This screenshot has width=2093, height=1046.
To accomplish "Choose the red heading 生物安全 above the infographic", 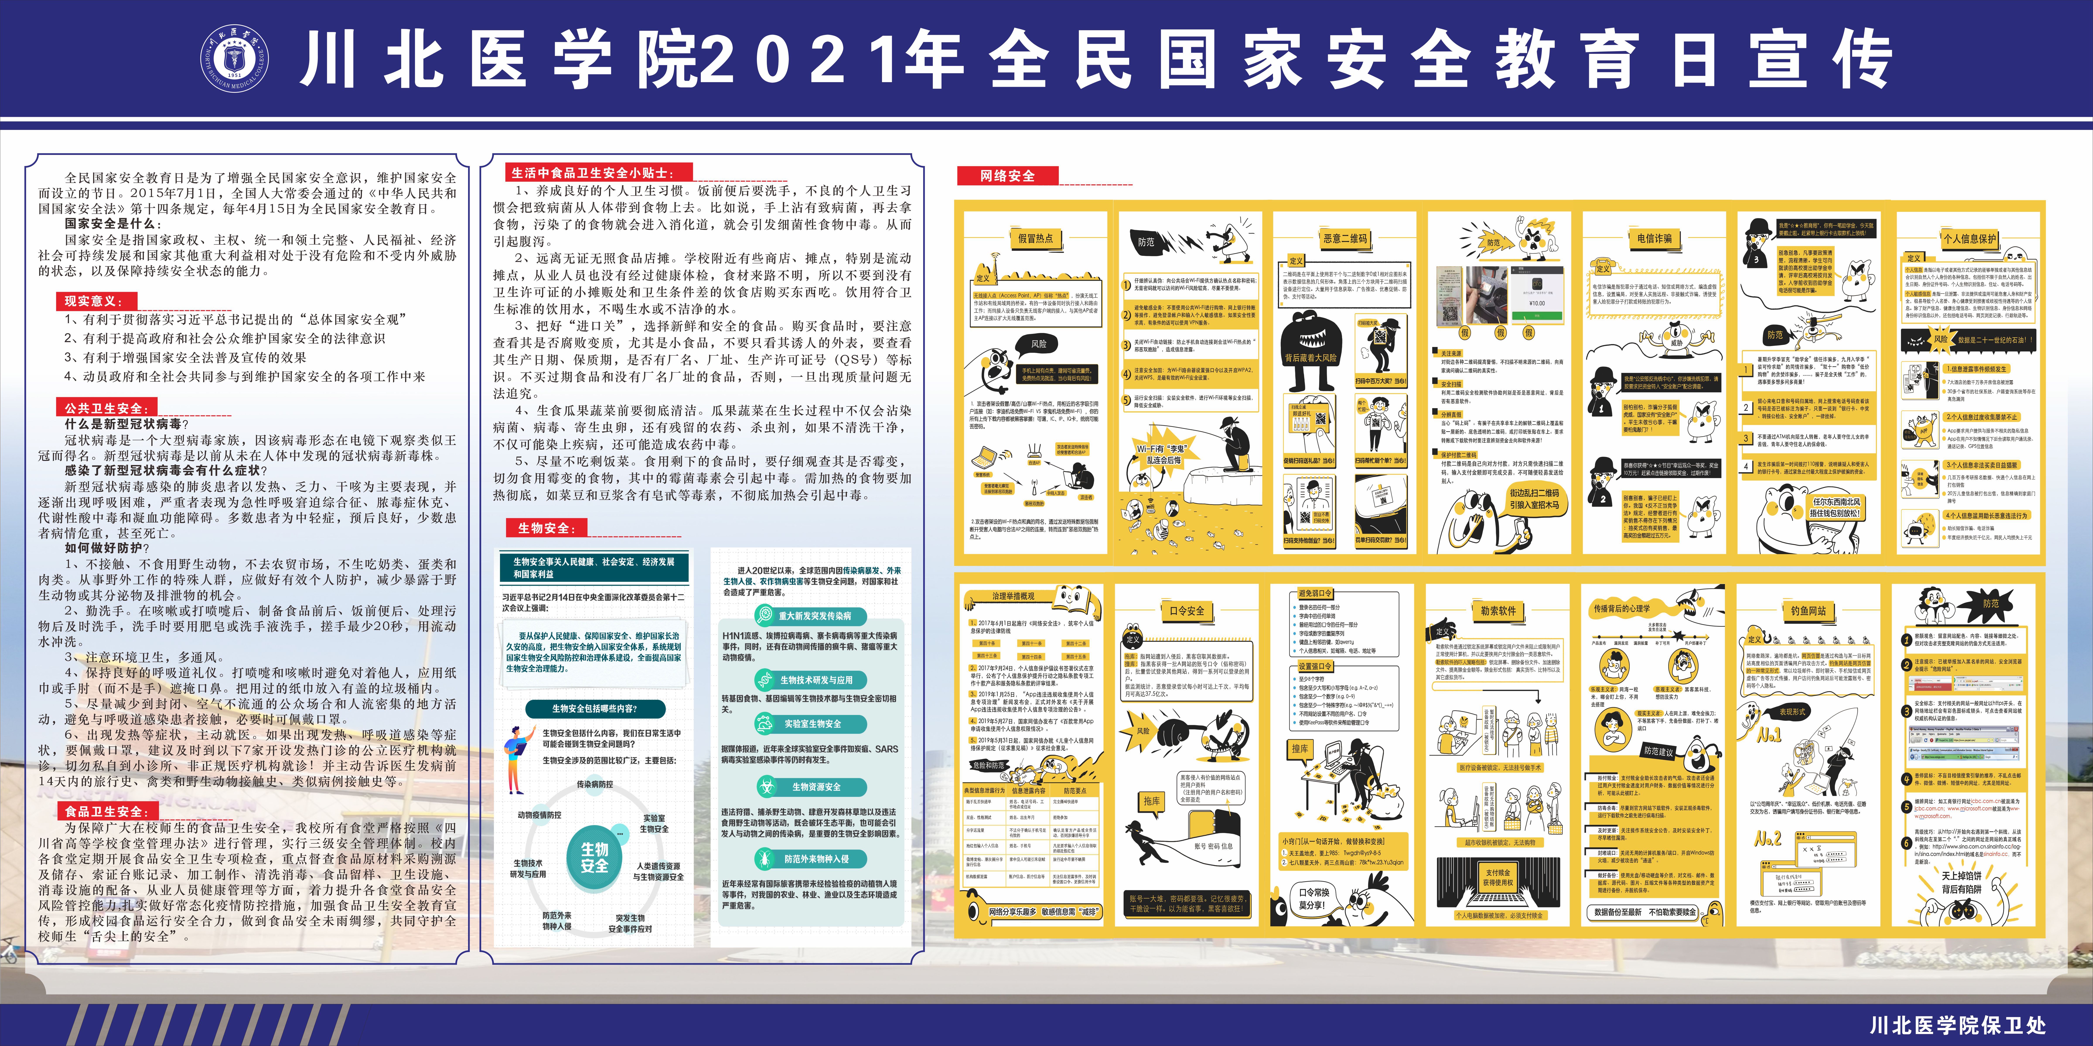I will click(x=546, y=528).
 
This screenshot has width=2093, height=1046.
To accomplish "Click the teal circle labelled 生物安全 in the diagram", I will click(x=594, y=857).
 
